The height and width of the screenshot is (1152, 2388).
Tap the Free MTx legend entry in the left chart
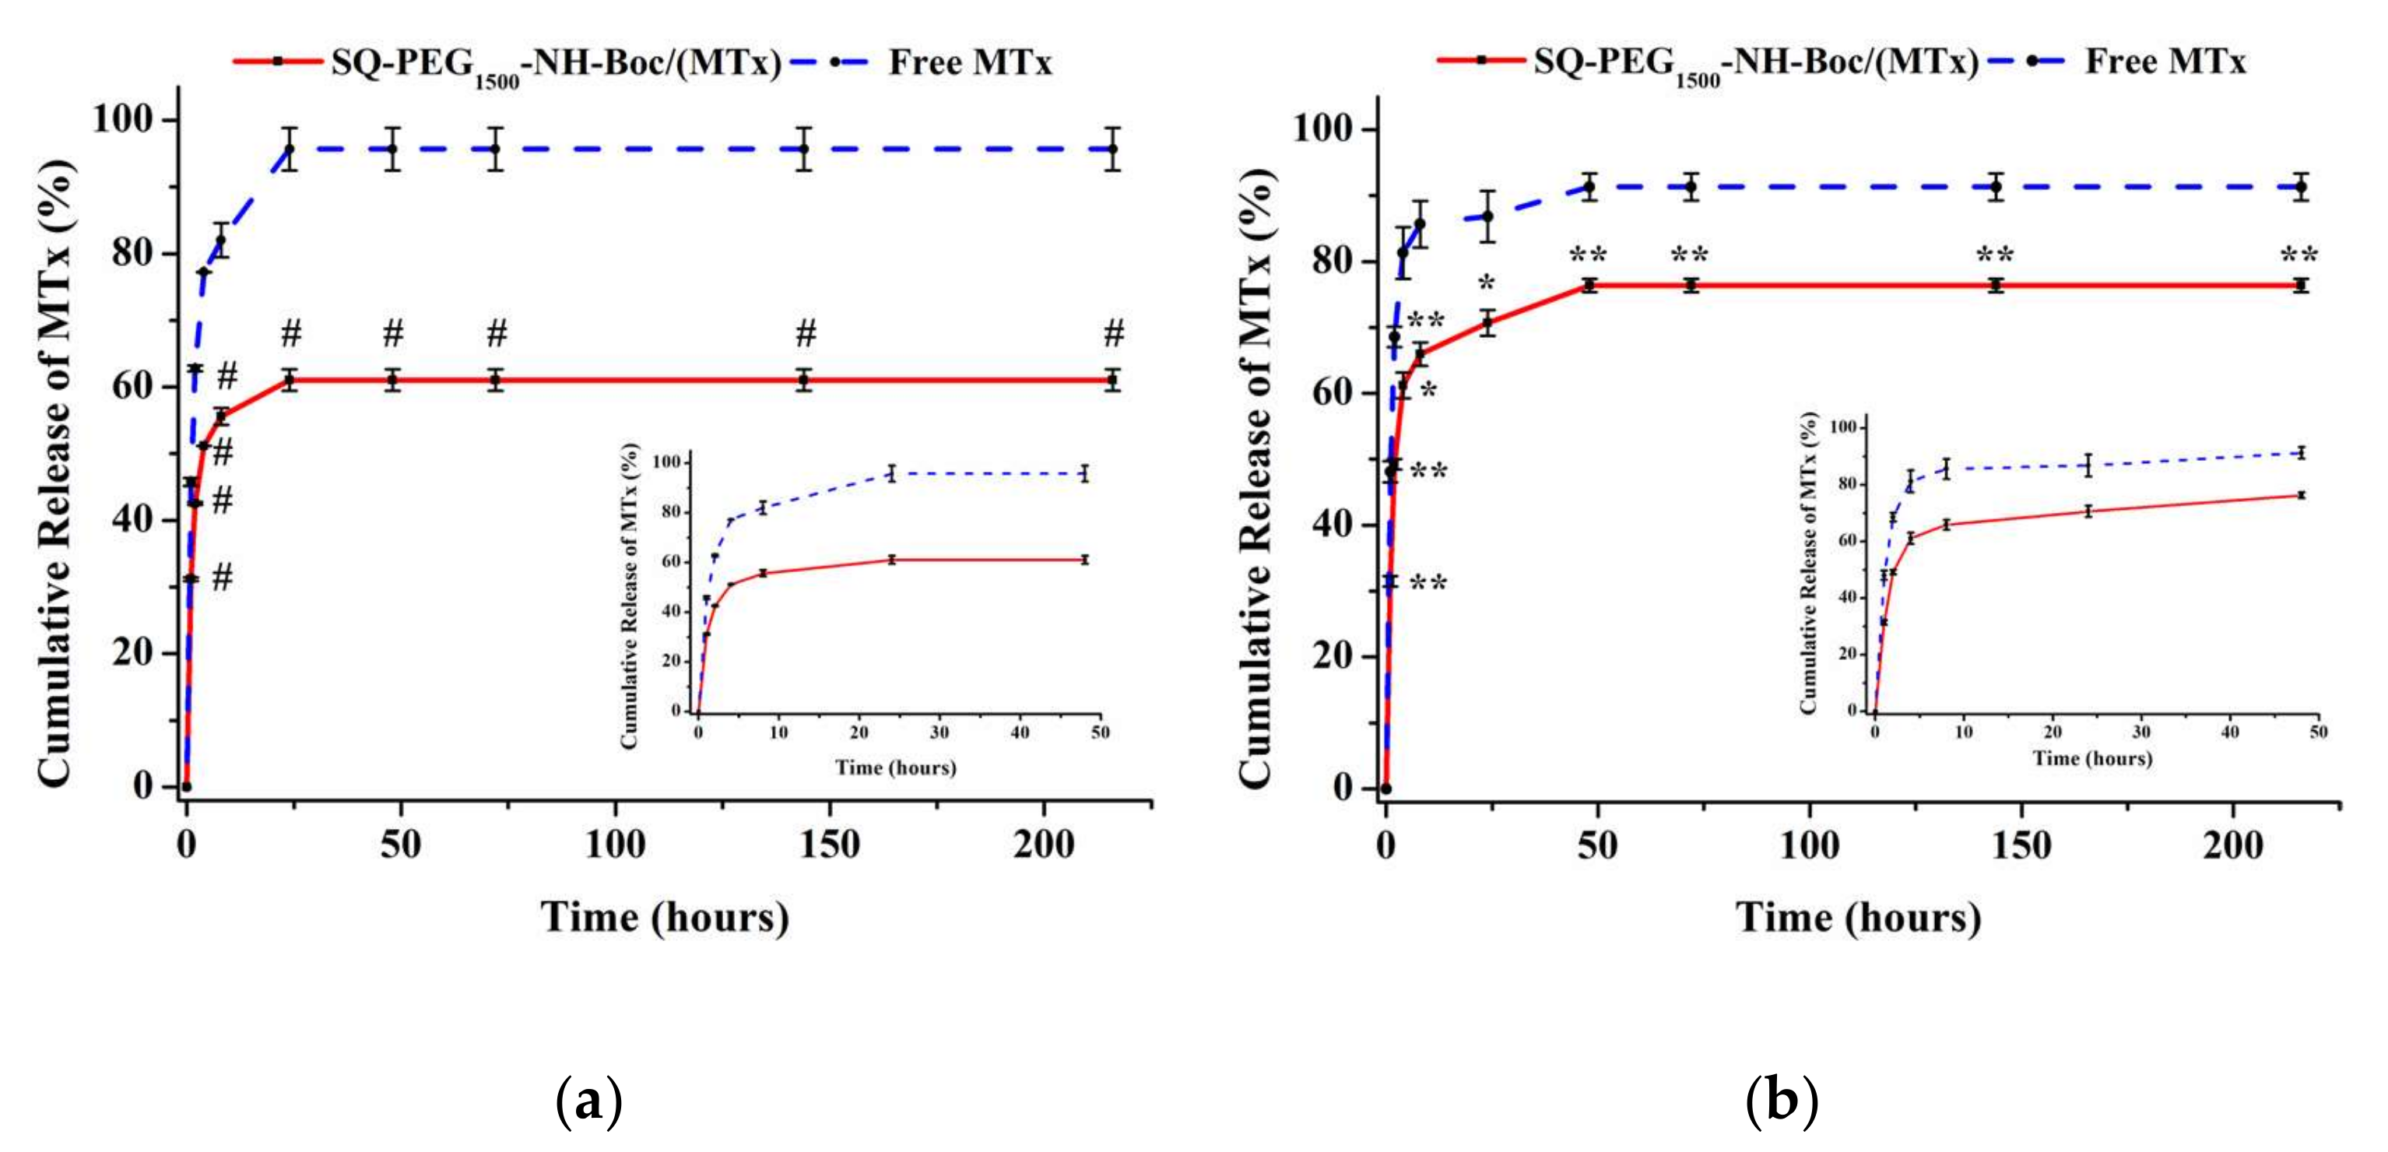tap(969, 63)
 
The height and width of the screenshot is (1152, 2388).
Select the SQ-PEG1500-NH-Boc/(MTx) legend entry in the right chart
tap(1755, 62)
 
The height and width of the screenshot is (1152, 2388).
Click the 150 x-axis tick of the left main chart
tap(828, 845)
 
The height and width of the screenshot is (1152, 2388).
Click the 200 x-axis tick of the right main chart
tap(2232, 845)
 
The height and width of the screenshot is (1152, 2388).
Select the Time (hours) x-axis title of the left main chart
tap(665, 918)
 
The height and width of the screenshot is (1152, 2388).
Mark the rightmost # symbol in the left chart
tap(1113, 332)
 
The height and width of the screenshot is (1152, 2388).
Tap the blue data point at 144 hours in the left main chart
tap(804, 149)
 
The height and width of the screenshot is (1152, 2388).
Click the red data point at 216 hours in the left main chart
tap(1112, 380)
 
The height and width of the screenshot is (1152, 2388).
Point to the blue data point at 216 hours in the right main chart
tap(2300, 188)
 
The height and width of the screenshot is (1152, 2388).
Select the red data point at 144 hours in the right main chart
tap(1996, 286)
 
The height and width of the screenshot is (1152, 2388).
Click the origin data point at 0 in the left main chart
tap(186, 787)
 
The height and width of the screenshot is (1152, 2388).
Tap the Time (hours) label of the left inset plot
tap(895, 767)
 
